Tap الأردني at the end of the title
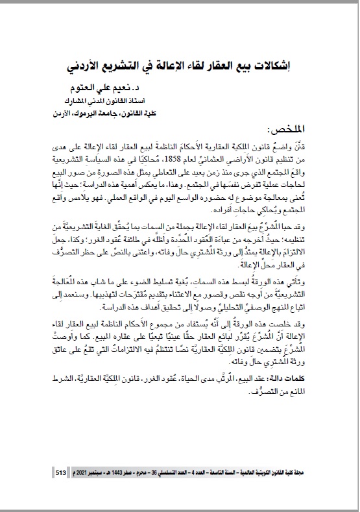86,67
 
